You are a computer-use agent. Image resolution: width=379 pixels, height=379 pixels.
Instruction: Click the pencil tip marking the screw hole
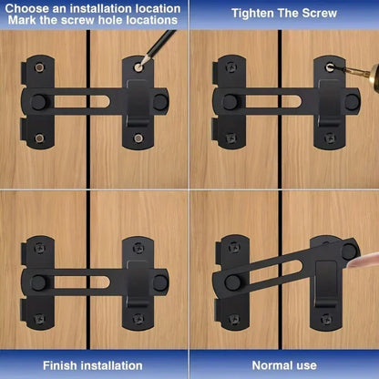[140, 64]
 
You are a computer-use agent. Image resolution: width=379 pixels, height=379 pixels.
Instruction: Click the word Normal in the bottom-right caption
[262, 364]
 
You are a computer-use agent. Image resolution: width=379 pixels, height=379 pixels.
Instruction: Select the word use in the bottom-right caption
[307, 364]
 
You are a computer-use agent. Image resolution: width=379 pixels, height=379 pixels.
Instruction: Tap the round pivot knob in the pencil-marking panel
[39, 100]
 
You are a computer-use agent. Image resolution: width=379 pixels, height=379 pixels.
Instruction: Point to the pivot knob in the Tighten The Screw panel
[229, 100]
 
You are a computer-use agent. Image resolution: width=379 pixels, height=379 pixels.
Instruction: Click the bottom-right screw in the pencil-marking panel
[138, 138]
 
